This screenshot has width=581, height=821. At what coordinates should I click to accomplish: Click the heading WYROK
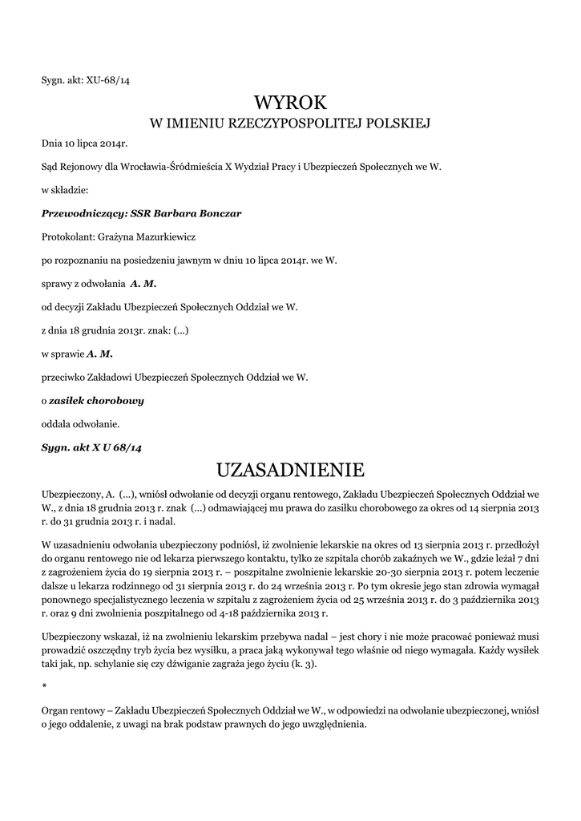pos(290,103)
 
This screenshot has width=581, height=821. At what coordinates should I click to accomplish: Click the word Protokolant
pos(67,237)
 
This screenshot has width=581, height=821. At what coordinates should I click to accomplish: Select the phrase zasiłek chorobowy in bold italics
pos(96,399)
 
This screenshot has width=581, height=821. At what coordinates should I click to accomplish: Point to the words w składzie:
pos(64,191)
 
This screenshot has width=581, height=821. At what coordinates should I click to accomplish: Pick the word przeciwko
pos(64,376)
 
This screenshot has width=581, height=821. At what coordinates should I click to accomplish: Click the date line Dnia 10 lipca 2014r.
pos(84,144)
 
